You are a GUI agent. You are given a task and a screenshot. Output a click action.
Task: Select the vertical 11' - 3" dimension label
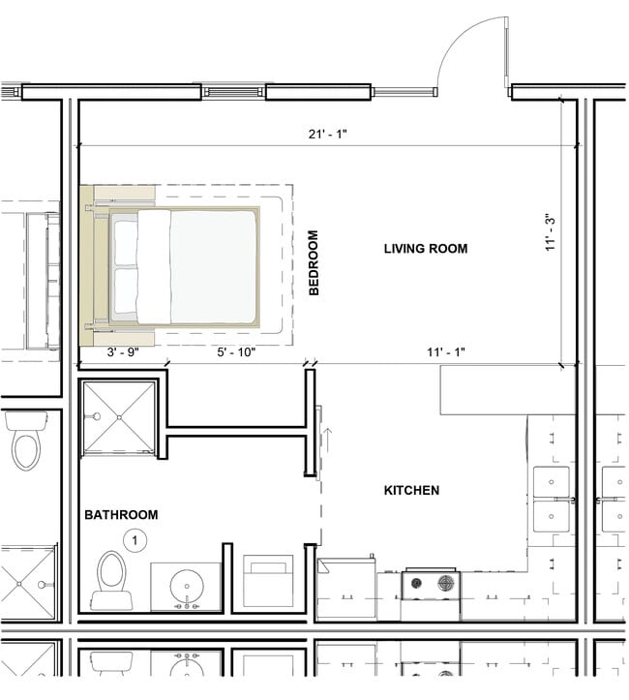pyautogui.click(x=552, y=232)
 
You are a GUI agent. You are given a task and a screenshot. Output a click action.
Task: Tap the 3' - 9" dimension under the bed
pyautogui.click(x=123, y=352)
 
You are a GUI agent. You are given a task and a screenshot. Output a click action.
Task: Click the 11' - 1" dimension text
pyautogui.click(x=444, y=352)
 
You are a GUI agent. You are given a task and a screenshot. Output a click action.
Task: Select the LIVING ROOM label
pyautogui.click(x=425, y=249)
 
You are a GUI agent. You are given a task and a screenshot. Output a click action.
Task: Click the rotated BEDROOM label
pyautogui.click(x=313, y=263)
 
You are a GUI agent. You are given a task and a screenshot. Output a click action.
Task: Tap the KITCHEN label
pyautogui.click(x=411, y=491)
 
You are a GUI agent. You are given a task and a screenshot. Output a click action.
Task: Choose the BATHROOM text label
pyautogui.click(x=120, y=515)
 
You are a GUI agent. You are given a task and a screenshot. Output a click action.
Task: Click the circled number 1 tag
pyautogui.click(x=136, y=540)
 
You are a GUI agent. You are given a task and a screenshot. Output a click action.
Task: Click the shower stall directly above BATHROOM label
pyautogui.click(x=118, y=417)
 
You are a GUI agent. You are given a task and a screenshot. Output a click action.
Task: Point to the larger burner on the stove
pyautogui.click(x=446, y=583)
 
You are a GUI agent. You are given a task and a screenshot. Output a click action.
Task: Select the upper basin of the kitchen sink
pyautogui.click(x=551, y=480)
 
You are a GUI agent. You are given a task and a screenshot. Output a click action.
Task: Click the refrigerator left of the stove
pyautogui.click(x=344, y=587)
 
